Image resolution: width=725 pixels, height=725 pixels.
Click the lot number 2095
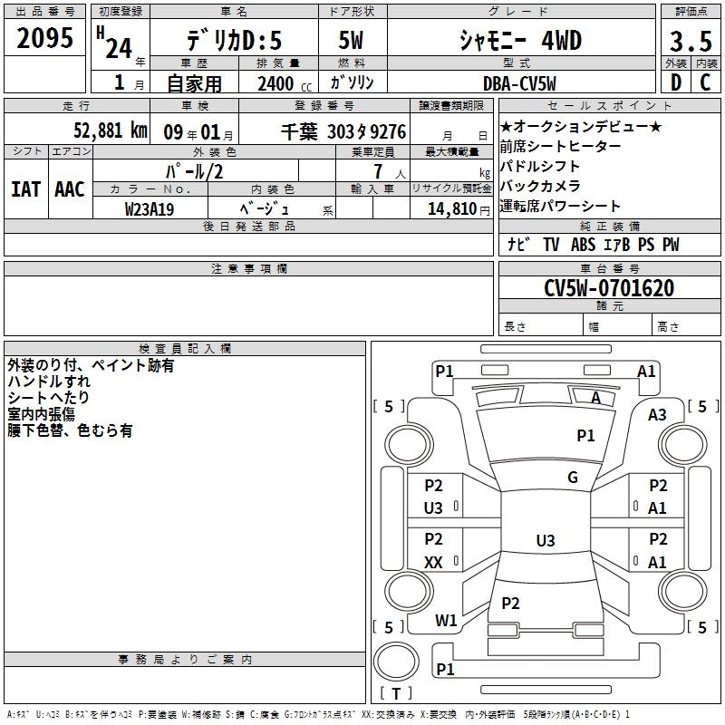coord(44,38)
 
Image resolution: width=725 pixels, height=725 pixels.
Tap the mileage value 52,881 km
coord(111,130)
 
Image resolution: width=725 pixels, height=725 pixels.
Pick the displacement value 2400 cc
coord(280,83)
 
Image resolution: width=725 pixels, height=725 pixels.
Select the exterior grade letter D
coord(675,82)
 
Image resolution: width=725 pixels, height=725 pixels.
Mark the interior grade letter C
coord(705,82)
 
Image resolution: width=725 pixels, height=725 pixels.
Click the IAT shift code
coord(26,189)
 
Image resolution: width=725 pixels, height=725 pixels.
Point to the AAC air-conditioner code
coord(70,189)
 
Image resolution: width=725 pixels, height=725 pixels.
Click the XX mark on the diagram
coord(433,563)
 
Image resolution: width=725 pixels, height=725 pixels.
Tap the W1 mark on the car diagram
coord(445,621)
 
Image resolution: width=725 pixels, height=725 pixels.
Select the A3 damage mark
coord(657,415)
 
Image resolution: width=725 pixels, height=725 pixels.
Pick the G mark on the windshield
coord(572,478)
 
